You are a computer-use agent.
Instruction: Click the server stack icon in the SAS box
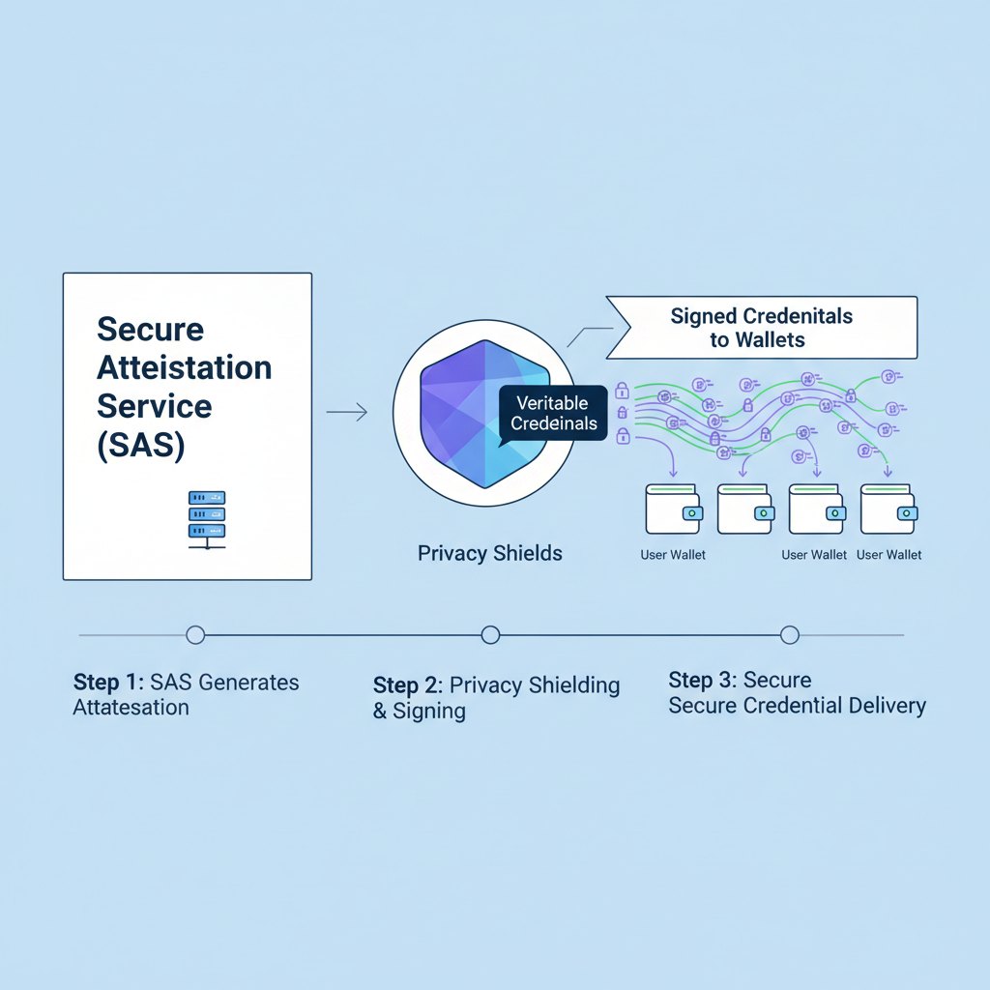tap(206, 519)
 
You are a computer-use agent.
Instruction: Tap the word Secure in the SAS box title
tap(150, 330)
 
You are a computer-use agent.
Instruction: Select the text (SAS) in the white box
tap(141, 445)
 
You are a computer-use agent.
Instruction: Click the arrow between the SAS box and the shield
tap(347, 413)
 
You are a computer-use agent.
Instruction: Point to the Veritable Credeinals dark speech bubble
tap(554, 413)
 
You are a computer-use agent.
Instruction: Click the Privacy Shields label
tap(490, 554)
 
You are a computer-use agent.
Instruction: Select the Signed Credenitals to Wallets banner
tap(762, 328)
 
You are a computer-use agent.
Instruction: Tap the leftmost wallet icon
tap(673, 510)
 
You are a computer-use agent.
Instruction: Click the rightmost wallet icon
tap(888, 510)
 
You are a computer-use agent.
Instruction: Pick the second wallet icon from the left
tap(745, 510)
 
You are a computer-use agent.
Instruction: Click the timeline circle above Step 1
tap(195, 634)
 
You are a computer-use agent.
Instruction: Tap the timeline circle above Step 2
tap(490, 634)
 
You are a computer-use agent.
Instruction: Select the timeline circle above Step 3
tap(789, 634)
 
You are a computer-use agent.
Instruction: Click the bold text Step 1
tap(108, 683)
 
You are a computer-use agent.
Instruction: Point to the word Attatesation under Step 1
tap(131, 708)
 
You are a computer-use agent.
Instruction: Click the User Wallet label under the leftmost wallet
tap(673, 555)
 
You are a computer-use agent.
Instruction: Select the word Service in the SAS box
tap(154, 406)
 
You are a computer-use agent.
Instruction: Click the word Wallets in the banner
tap(771, 339)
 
